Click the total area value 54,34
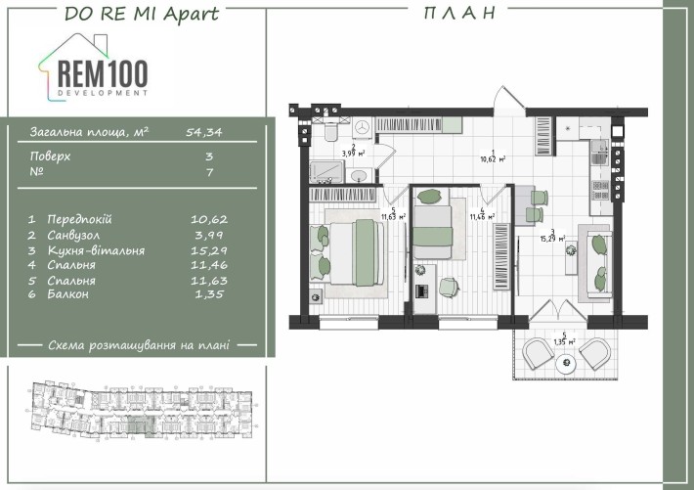tap(204, 130)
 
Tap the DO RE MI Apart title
tap(141, 13)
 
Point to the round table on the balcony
tap(565, 364)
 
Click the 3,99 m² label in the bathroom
tap(353, 152)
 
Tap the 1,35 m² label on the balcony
tap(565, 340)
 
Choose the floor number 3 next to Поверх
tap(209, 156)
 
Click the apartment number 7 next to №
tap(209, 170)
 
